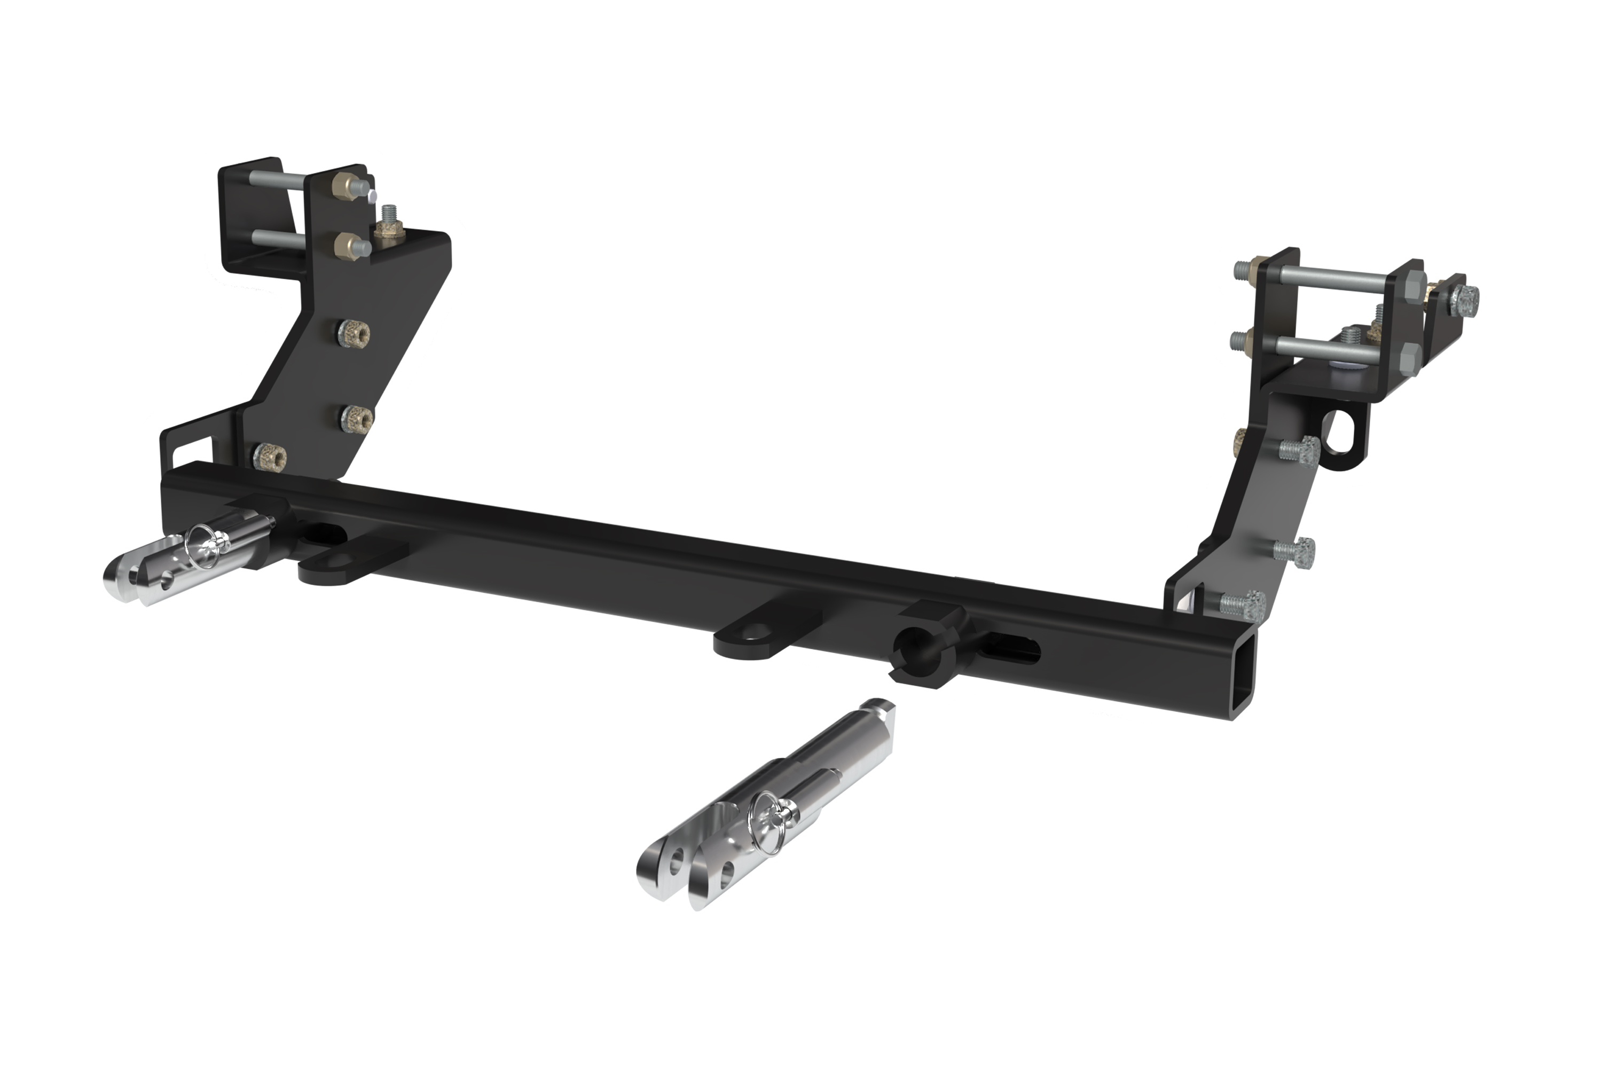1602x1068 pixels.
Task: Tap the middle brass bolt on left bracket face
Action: [357, 418]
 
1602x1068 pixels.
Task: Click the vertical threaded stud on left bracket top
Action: [390, 217]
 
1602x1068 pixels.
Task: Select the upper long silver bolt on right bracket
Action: [1328, 277]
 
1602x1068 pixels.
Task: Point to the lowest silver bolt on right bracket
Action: [1243, 602]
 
